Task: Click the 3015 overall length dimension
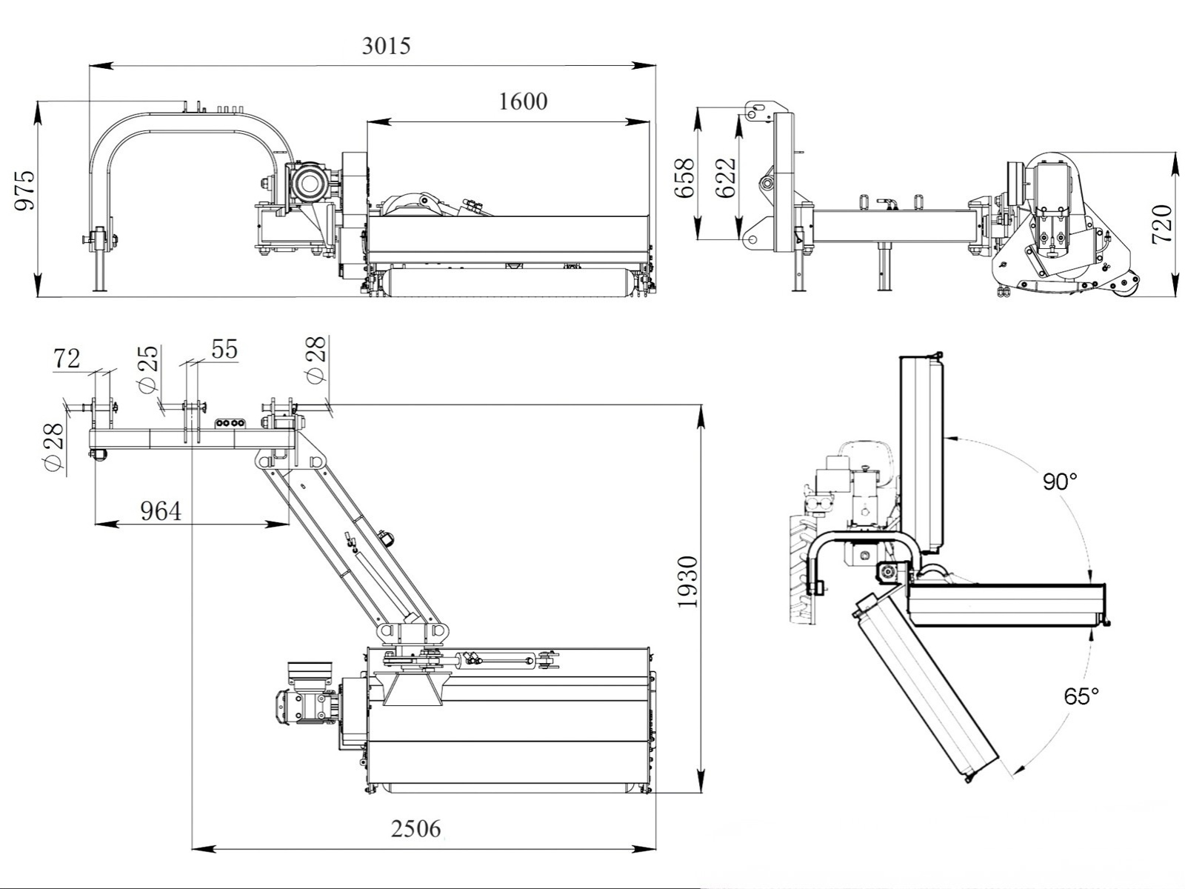(x=386, y=46)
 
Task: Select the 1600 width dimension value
(x=523, y=101)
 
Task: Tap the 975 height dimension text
(x=24, y=190)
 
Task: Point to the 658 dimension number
(x=686, y=178)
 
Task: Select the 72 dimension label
(x=67, y=359)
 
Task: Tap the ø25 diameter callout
(x=148, y=368)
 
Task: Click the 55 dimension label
(x=224, y=349)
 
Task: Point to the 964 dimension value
(x=160, y=511)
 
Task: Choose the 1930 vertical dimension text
(x=688, y=582)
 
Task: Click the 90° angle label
(x=1059, y=482)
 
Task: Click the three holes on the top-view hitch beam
(x=229, y=423)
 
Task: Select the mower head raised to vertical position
(x=922, y=452)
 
